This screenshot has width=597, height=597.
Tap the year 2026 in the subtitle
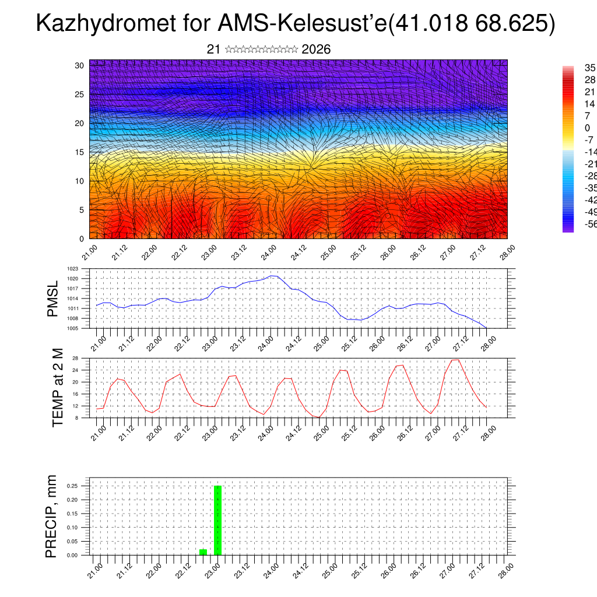(x=316, y=50)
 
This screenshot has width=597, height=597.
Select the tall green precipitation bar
(x=217, y=520)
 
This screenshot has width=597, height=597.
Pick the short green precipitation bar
(x=203, y=552)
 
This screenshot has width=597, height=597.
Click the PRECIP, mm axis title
(x=51, y=516)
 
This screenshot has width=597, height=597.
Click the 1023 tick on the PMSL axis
(x=72, y=269)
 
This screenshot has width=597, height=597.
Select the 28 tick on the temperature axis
(x=75, y=358)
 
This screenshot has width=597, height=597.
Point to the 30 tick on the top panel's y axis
(x=79, y=65)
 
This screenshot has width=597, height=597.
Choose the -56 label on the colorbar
(x=590, y=224)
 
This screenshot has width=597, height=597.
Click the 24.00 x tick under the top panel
(x=268, y=254)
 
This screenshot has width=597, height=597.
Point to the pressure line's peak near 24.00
(x=272, y=276)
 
